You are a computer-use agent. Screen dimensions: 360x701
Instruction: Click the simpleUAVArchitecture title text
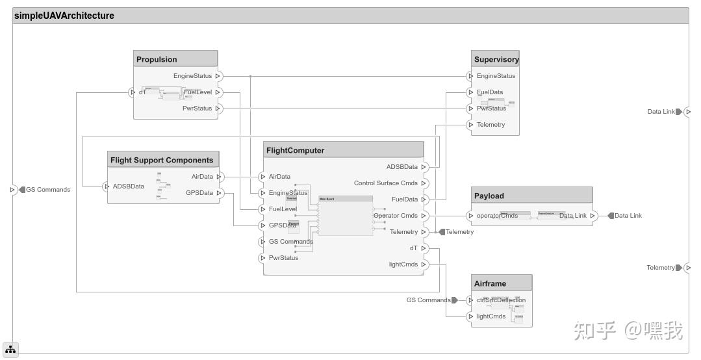[x=64, y=16]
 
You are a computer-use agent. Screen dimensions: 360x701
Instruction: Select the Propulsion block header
[x=157, y=59]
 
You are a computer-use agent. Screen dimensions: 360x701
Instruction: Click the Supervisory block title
[x=496, y=59]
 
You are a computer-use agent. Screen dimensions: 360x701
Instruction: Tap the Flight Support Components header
[x=162, y=160]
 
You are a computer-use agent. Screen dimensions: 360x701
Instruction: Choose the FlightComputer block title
[x=295, y=150]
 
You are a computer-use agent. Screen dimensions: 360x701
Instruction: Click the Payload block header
[x=489, y=196]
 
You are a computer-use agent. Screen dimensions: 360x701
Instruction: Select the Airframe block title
[x=490, y=283]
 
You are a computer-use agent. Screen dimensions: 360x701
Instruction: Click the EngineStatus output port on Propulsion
[x=218, y=76]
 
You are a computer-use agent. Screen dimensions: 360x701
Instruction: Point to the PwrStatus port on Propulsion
[x=218, y=109]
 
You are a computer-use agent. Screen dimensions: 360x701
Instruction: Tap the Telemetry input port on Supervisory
[x=471, y=125]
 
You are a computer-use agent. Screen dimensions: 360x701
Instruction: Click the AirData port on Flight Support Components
[x=219, y=177]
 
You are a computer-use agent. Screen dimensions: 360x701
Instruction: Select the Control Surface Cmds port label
[x=386, y=183]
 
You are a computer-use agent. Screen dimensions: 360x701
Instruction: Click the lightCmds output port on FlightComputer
[x=424, y=264]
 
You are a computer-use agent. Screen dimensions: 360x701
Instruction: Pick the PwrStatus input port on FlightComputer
[x=262, y=258]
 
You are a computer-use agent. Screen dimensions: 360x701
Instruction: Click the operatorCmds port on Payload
[x=471, y=216]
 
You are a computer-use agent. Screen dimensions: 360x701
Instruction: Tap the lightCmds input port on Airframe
[x=471, y=316]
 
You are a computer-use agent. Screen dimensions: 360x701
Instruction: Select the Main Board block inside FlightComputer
[x=346, y=216]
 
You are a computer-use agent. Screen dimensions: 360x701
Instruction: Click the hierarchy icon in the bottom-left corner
[x=10, y=350]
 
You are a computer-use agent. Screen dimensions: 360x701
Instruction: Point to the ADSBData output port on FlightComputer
[x=424, y=167]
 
